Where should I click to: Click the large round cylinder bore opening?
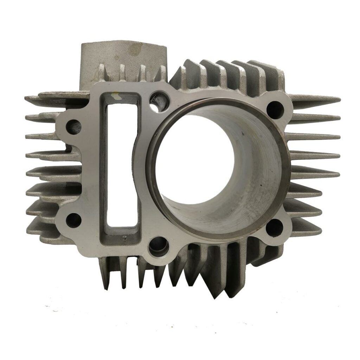pos(211,165)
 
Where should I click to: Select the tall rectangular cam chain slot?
pos(120,165)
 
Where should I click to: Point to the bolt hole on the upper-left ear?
pos(74,125)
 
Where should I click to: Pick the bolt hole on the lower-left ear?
pos(73,219)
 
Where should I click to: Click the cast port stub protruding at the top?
pos(116,56)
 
